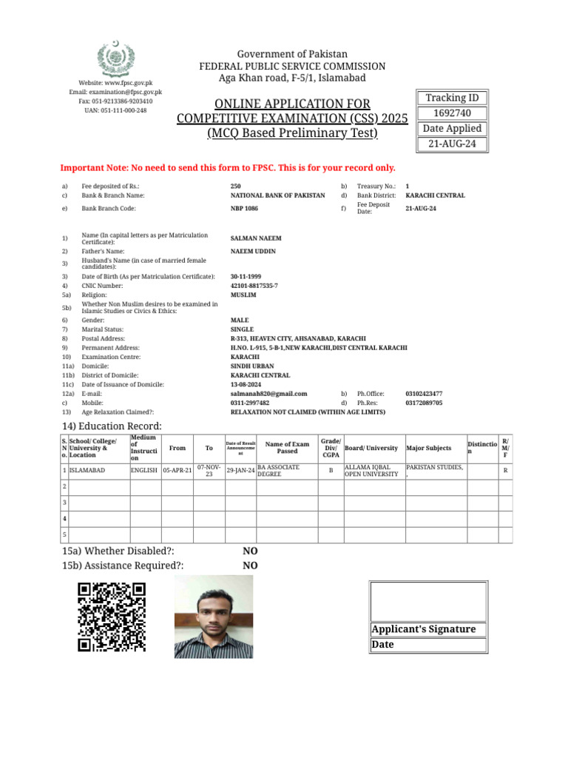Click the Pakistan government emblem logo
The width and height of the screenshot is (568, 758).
pos(117,57)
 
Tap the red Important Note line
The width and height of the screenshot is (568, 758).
pos(227,168)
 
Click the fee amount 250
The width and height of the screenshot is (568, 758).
pos(235,187)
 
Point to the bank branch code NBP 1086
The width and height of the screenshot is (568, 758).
pos(244,209)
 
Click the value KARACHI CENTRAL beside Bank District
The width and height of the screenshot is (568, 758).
pos(435,195)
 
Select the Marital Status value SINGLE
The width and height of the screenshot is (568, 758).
pos(242,329)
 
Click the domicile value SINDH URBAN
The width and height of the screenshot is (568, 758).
pos(251,366)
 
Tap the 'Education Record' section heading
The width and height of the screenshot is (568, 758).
pos(112,426)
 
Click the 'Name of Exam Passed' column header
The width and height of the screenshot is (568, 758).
pos(287,447)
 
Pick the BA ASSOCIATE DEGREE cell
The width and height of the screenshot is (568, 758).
pos(287,471)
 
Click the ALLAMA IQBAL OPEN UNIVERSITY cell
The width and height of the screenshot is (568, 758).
pos(373,471)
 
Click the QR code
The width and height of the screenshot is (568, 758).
pos(112,617)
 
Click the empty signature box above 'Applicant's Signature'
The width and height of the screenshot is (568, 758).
pos(428,601)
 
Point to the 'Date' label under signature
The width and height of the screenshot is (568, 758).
pos(383,645)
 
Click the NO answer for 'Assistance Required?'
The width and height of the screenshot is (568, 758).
pos(250,566)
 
